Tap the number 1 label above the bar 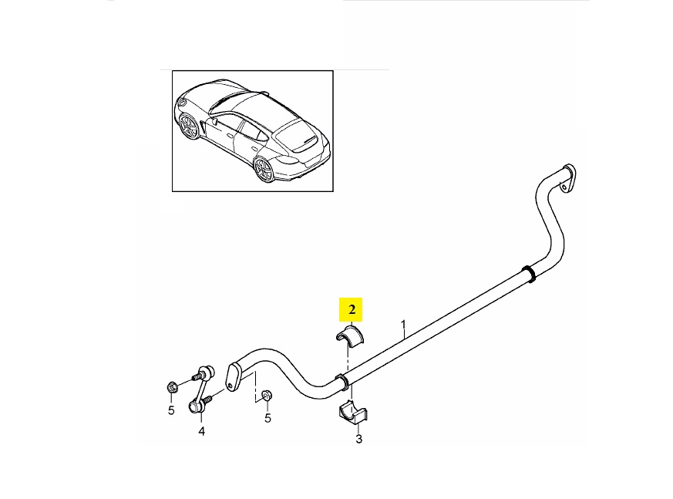point(403,328)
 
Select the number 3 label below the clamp point(358,439)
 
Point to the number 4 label point(201,431)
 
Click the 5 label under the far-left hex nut point(171,410)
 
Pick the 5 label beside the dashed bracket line point(268,418)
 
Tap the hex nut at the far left point(173,388)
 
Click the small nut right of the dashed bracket point(267,395)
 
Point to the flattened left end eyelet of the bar point(232,377)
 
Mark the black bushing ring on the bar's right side point(529,274)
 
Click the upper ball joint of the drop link point(207,371)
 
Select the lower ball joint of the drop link point(195,405)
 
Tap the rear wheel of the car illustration point(264,169)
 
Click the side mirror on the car point(214,121)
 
